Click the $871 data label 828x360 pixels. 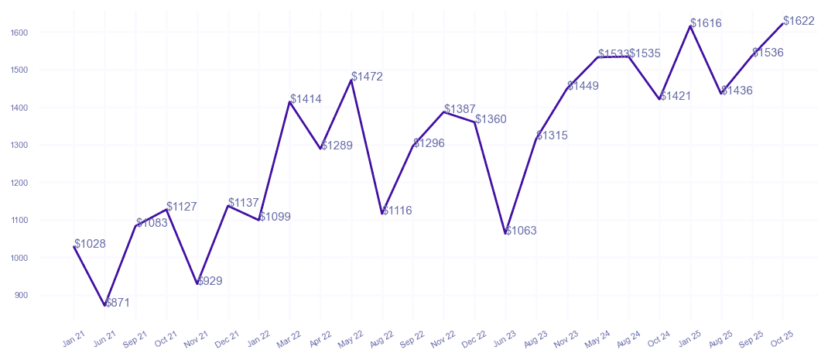(118, 303)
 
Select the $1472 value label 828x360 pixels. (367, 77)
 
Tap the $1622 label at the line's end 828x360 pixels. (799, 21)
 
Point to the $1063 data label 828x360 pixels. (521, 231)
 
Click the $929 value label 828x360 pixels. (210, 281)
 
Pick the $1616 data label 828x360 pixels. (706, 23)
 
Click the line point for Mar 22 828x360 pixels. (289, 102)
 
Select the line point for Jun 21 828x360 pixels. (104, 306)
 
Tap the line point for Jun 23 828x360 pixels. (505, 233)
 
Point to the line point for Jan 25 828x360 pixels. (690, 26)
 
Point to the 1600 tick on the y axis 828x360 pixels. (19, 33)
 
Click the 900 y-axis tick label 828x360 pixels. (21, 295)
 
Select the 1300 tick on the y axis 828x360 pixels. (19, 145)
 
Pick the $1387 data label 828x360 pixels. (460, 109)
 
